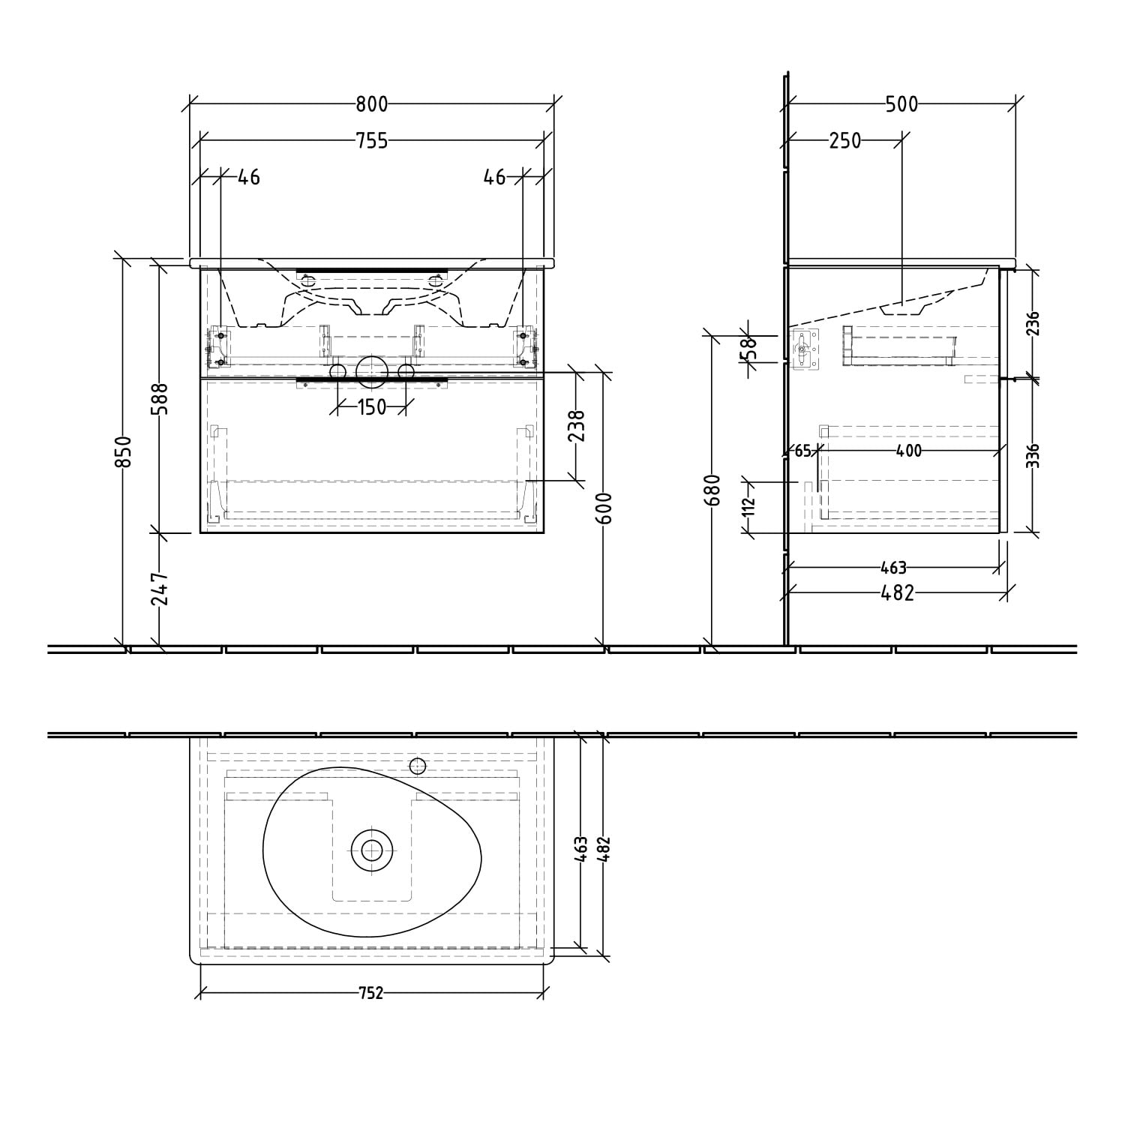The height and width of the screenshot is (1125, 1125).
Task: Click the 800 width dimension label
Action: coord(371,104)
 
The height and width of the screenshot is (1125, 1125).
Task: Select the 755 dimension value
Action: coord(371,140)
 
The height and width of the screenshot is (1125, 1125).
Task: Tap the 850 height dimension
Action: coord(124,451)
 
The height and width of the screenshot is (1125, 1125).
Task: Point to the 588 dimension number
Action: coord(161,398)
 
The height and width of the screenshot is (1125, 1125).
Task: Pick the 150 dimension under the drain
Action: coord(371,407)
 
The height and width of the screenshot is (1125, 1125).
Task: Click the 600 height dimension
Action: coord(606,508)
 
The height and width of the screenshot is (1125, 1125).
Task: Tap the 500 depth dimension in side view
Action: coord(901,104)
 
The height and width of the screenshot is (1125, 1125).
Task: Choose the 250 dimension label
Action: coord(844,140)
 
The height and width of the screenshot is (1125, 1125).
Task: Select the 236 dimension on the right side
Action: coord(1033,324)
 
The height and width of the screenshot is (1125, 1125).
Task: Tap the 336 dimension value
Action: coord(1033,455)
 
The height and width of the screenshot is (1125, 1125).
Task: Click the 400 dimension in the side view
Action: coord(908,451)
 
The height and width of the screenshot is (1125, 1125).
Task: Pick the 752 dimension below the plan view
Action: coord(371,993)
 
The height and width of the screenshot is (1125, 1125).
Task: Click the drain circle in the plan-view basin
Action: coord(371,850)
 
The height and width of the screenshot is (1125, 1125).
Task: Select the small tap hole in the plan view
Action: coord(418,766)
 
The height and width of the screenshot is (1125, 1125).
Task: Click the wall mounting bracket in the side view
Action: coord(804,349)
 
